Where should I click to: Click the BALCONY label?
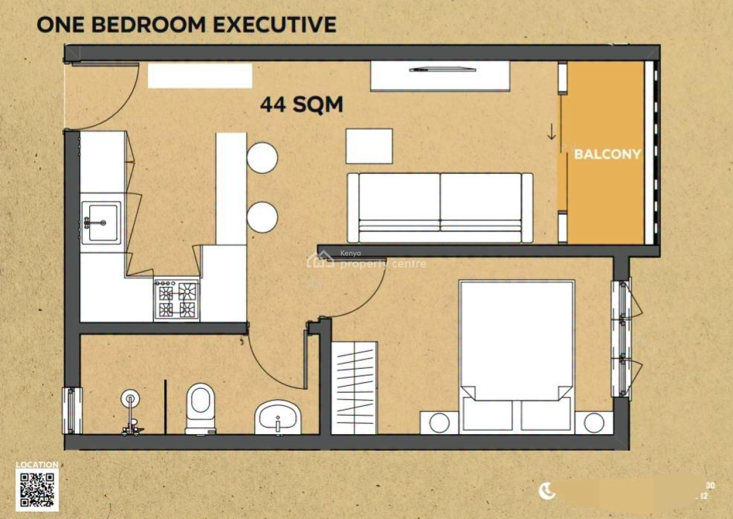coord(607,154)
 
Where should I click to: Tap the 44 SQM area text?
coord(302,105)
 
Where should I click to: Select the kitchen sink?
coord(101,222)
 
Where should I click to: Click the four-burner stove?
coord(177,299)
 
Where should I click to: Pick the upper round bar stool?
coord(262,158)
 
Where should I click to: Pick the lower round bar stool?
coord(262,216)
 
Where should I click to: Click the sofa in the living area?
coord(440,208)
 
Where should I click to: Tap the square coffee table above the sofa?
coord(369,146)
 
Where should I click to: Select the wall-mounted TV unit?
coord(440,76)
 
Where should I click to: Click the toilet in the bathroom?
coord(200,408)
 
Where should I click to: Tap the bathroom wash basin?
coord(277,417)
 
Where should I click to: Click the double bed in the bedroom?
coord(517,354)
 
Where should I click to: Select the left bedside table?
coord(439,423)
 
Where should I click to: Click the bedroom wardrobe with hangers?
coord(355,388)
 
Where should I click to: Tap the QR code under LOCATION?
coord(37,490)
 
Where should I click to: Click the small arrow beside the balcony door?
coord(552,132)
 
